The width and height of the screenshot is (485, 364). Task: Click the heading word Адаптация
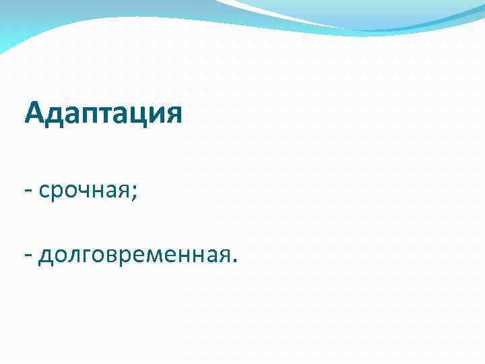pyautogui.click(x=102, y=113)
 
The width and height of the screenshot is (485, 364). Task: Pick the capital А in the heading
pyautogui.click(x=34, y=113)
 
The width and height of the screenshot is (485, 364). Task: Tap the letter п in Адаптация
pyautogui.click(x=87, y=114)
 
